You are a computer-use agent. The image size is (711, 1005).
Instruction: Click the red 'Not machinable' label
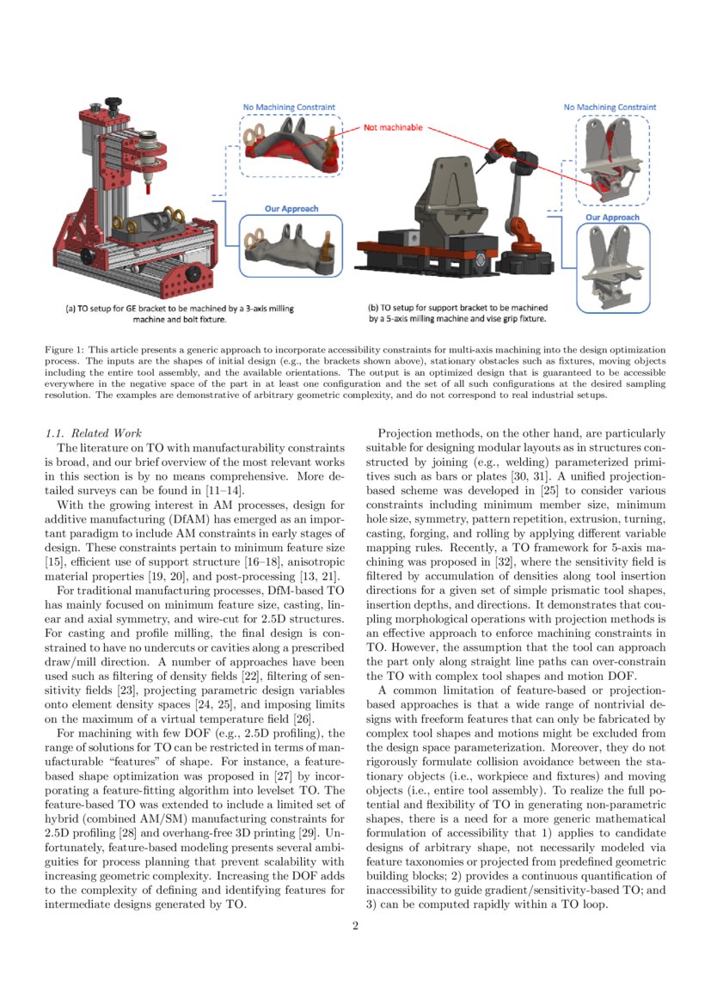click(393, 127)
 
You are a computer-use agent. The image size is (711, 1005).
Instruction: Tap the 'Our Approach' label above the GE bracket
click(292, 209)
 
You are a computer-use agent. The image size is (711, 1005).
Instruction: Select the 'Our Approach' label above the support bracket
click(612, 218)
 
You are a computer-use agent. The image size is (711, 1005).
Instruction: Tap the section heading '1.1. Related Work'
click(94, 432)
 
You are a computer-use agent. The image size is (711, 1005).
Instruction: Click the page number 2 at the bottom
click(355, 925)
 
